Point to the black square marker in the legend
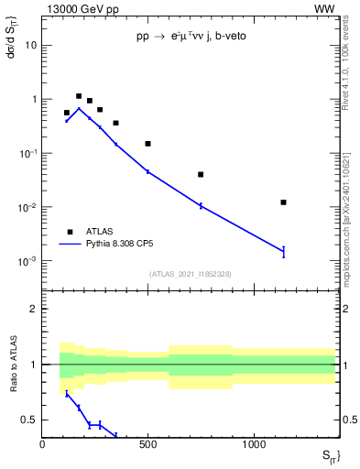click(x=69, y=232)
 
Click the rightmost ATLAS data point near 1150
click(x=284, y=202)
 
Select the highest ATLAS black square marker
click(x=79, y=96)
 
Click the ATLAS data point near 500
click(x=147, y=144)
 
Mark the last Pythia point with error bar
click(x=284, y=251)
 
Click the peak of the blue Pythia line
click(x=79, y=108)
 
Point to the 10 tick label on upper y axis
click(x=31, y=45)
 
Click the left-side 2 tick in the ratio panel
click(x=34, y=309)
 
